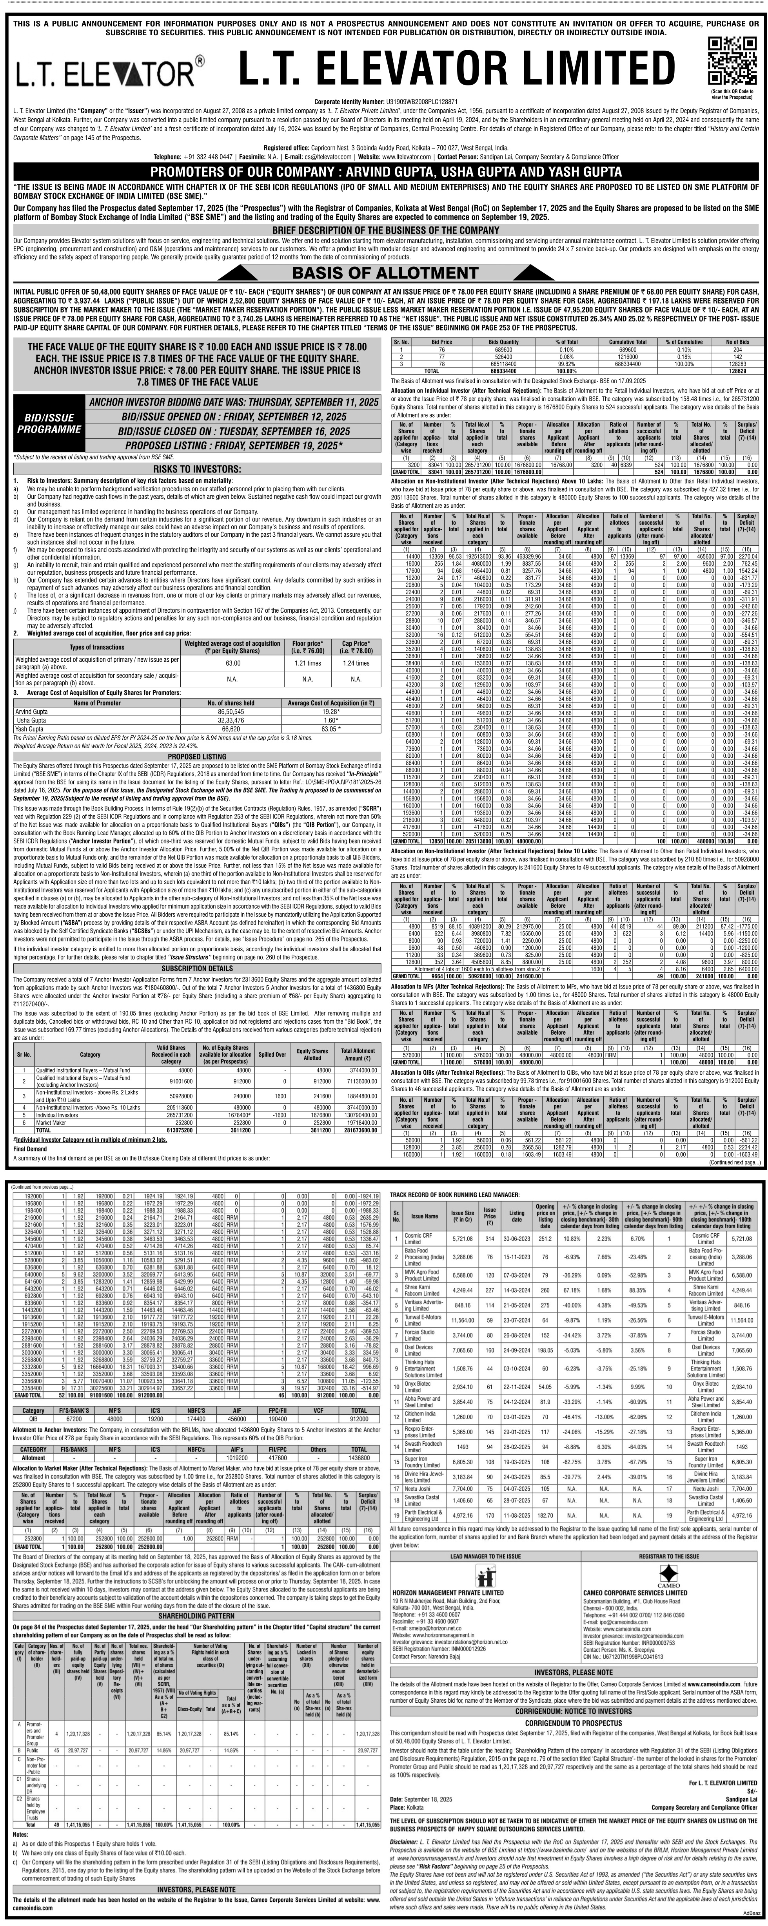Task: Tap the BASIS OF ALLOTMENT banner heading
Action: [x=384, y=272]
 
